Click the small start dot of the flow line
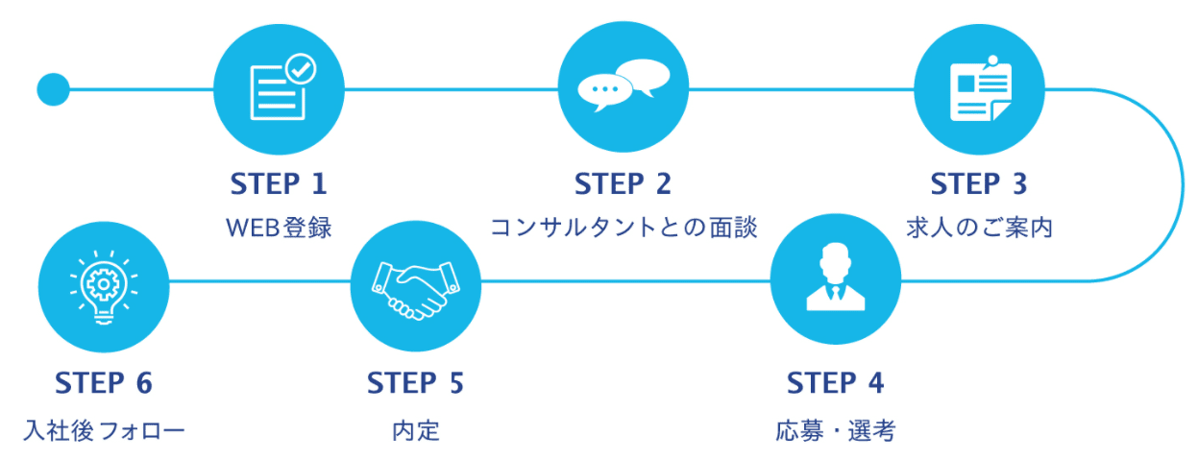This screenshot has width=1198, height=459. click(53, 89)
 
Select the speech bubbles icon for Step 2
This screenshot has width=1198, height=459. click(623, 86)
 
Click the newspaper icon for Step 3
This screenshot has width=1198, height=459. click(979, 89)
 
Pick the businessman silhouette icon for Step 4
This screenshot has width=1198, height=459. click(836, 280)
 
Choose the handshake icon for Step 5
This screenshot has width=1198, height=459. click(415, 288)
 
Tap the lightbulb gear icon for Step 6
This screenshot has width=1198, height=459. click(103, 285)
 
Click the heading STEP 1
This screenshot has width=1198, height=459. click(279, 182)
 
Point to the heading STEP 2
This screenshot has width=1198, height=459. click(623, 182)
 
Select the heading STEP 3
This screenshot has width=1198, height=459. click(979, 182)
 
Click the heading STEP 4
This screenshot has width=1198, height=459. click(835, 382)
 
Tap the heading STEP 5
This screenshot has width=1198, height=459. click(415, 382)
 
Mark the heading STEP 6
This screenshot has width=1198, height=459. click(104, 382)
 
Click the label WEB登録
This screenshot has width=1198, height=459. click(279, 229)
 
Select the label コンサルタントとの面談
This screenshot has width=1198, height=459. click(623, 229)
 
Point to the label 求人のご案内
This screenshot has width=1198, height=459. click(979, 229)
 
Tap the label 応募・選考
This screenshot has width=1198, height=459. click(835, 430)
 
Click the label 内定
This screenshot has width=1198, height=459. click(415, 430)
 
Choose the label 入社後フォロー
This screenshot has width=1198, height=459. click(104, 430)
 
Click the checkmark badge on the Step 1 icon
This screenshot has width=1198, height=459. click(301, 68)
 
